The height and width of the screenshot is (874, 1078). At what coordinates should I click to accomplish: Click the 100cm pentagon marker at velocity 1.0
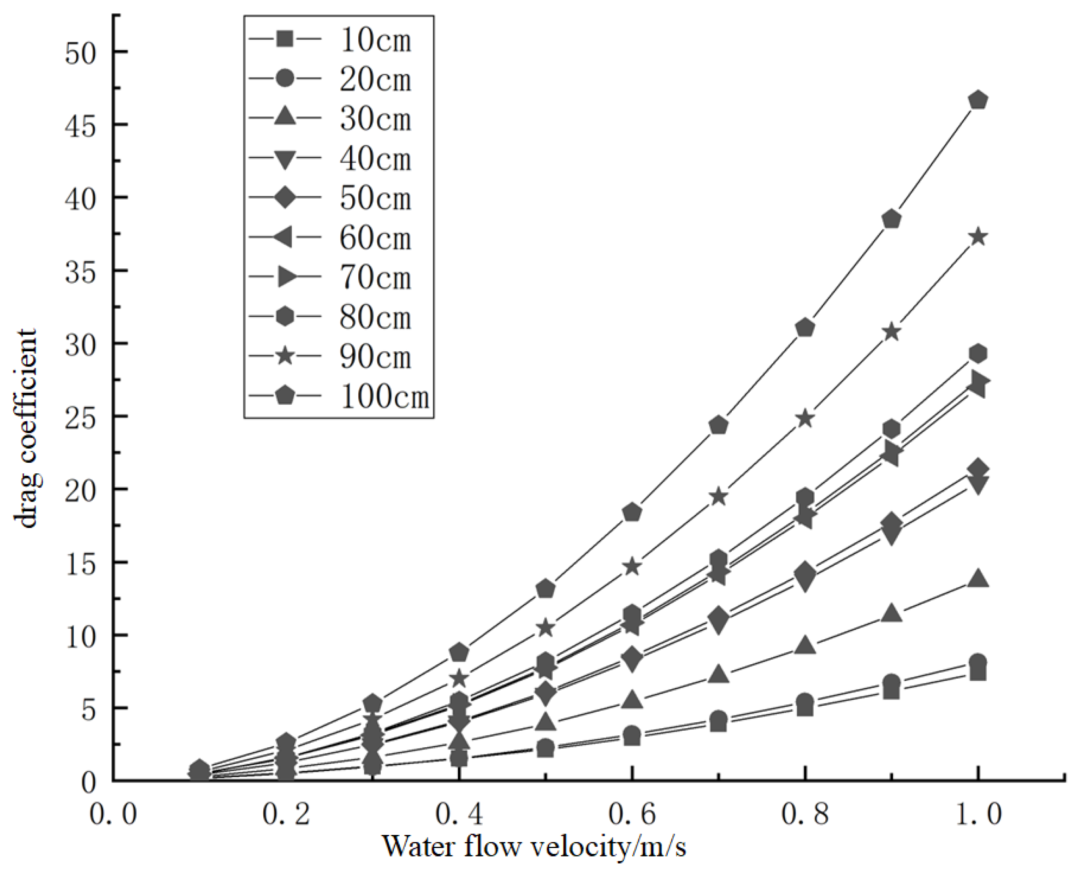[x=978, y=100]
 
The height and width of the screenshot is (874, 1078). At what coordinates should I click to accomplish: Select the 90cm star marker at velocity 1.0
[x=978, y=236]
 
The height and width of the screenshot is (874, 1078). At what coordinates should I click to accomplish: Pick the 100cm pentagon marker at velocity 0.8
[x=805, y=328]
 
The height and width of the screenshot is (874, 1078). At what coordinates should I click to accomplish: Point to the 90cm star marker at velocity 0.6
[x=633, y=567]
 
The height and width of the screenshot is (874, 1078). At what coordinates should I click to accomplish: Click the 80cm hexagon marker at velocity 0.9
[x=892, y=429]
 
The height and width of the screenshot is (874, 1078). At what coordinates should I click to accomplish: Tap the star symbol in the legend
[x=285, y=356]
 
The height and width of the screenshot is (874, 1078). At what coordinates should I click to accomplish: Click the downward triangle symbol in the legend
[x=285, y=159]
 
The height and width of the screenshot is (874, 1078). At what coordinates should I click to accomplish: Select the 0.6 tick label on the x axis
[x=633, y=814]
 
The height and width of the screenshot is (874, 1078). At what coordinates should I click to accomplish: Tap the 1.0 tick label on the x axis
[x=978, y=814]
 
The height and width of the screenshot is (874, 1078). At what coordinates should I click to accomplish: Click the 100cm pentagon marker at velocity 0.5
[x=546, y=589]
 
